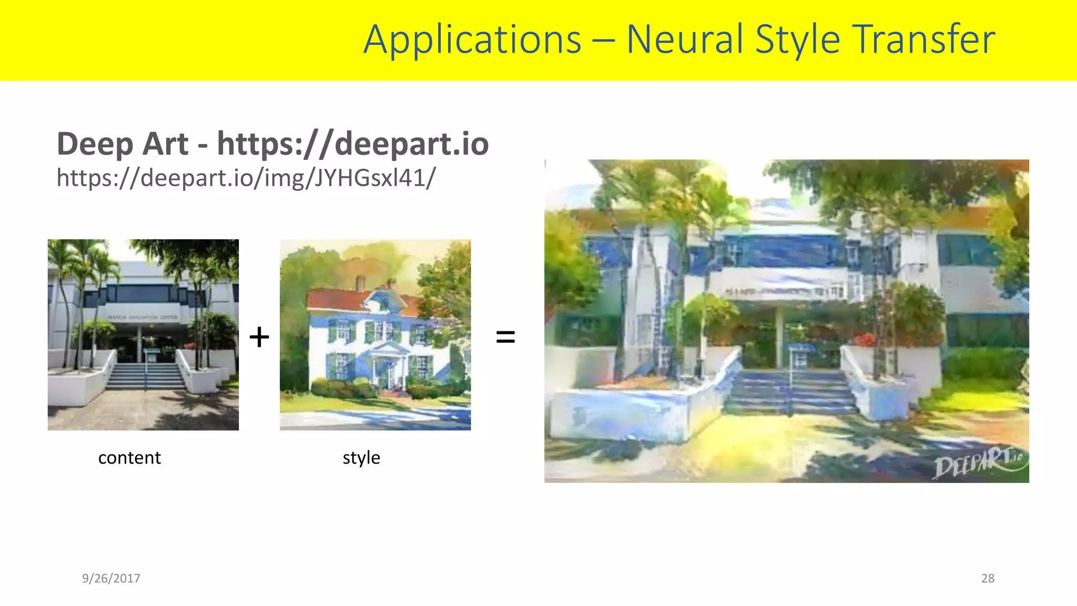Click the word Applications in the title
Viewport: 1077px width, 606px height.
(x=472, y=40)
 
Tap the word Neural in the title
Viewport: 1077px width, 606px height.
(x=685, y=40)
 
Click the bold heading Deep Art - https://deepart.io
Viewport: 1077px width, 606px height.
(x=272, y=144)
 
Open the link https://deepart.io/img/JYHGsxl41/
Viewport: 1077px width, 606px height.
(x=246, y=178)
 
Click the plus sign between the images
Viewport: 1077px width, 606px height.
(x=259, y=337)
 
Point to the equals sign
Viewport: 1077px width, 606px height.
(x=505, y=337)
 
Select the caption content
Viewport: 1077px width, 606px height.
(x=129, y=458)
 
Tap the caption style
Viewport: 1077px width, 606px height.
(x=361, y=458)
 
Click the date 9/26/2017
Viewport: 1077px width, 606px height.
(x=111, y=578)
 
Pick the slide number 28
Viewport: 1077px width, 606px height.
(x=988, y=578)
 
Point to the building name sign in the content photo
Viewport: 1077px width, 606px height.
(x=143, y=317)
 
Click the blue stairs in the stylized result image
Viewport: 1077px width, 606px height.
(x=791, y=392)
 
